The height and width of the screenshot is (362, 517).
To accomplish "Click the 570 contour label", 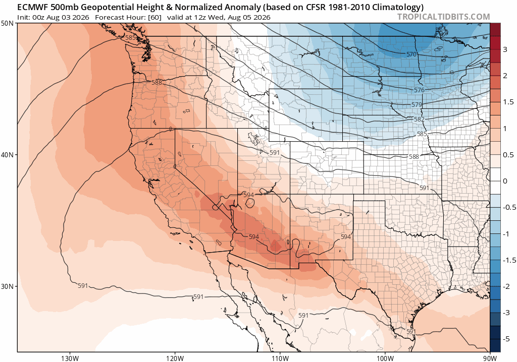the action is pyautogui.click(x=411, y=54).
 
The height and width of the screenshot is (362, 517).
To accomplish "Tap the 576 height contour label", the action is pyautogui.click(x=419, y=90).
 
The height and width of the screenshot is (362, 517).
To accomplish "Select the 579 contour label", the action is pyautogui.click(x=417, y=105).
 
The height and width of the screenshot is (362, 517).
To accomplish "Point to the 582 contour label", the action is pyautogui.click(x=419, y=119).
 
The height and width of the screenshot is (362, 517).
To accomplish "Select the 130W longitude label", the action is pyautogui.click(x=70, y=358).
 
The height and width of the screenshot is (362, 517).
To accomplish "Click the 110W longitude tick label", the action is pyautogui.click(x=280, y=358).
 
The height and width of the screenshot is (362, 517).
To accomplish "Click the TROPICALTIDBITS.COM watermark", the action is pyautogui.click(x=443, y=17).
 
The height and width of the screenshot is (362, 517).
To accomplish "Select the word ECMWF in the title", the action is pyautogui.click(x=30, y=7).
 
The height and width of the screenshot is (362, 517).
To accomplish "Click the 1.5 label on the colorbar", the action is pyautogui.click(x=508, y=102).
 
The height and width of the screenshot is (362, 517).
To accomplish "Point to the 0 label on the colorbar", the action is pyautogui.click(x=505, y=181).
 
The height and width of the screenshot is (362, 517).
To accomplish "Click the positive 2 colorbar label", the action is pyautogui.click(x=505, y=76).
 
